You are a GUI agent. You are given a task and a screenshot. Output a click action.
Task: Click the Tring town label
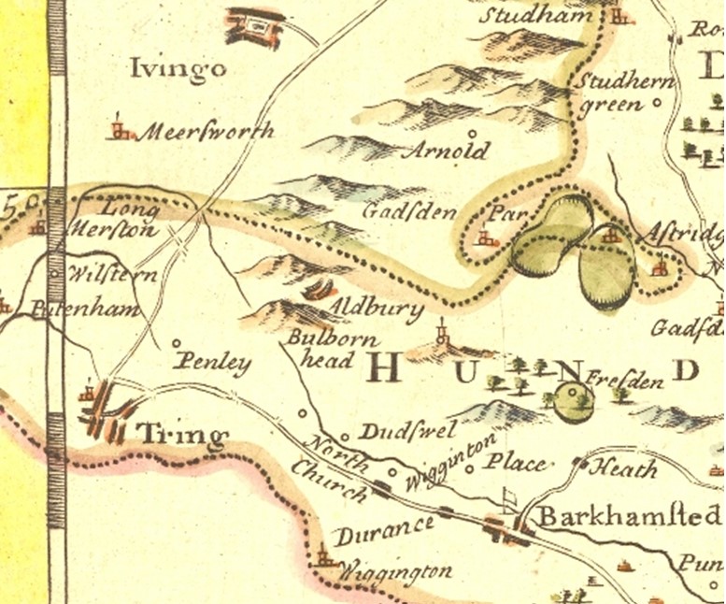coord(182,434)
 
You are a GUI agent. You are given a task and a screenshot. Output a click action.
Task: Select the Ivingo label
coord(178,68)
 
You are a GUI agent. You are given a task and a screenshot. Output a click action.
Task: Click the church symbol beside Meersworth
coord(119,129)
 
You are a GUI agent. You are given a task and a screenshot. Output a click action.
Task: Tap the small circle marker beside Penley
coord(177,342)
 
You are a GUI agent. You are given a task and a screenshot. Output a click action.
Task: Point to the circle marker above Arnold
coord(471,133)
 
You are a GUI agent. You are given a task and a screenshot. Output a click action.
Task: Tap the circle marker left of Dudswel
coord(344,436)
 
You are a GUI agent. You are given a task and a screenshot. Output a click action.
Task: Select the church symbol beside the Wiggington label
coord(324,558)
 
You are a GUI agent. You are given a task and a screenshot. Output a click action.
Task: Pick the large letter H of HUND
coord(386,369)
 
